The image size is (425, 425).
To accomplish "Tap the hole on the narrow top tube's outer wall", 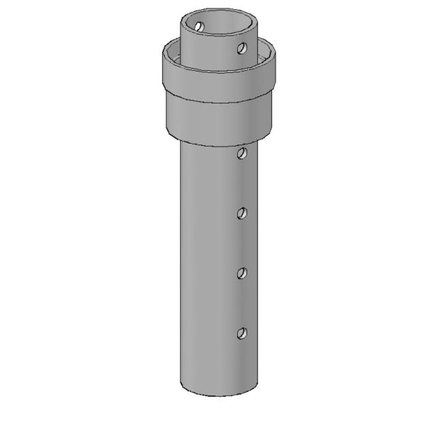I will point(242,49).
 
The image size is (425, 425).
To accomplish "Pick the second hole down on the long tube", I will point(242,212).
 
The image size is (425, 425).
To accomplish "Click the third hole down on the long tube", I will point(242,272).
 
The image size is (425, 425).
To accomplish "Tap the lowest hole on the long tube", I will point(242,332).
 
